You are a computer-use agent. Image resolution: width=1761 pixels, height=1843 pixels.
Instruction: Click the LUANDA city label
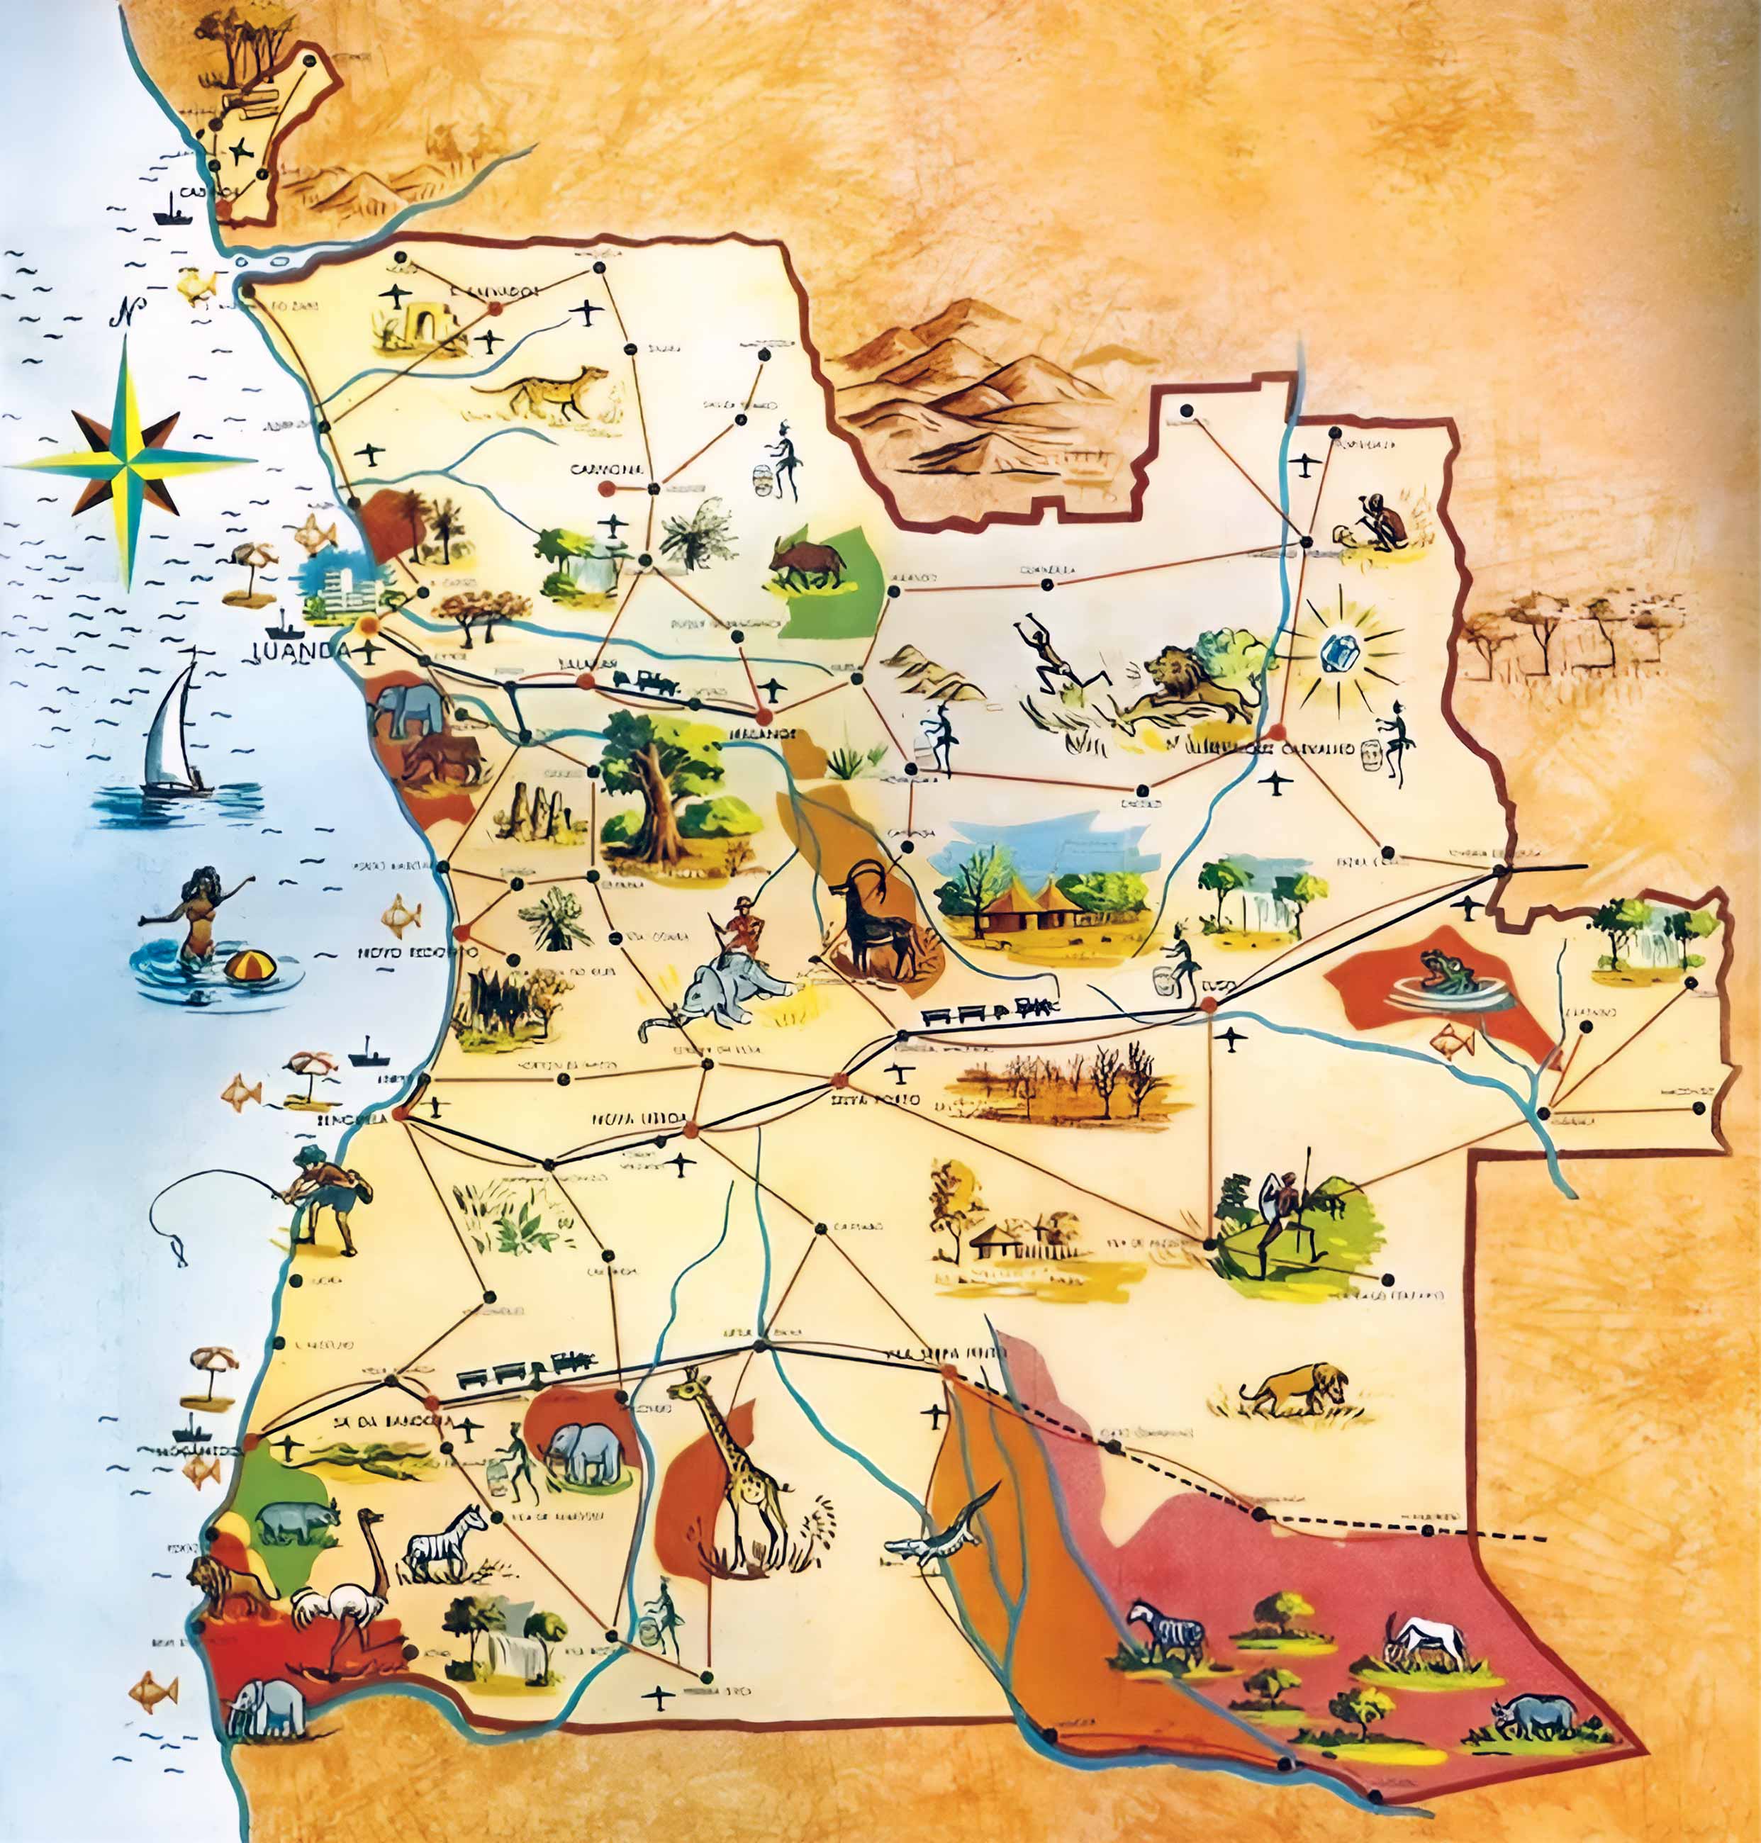[301, 651]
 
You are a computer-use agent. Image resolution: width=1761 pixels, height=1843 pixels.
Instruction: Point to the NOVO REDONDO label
[403, 953]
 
